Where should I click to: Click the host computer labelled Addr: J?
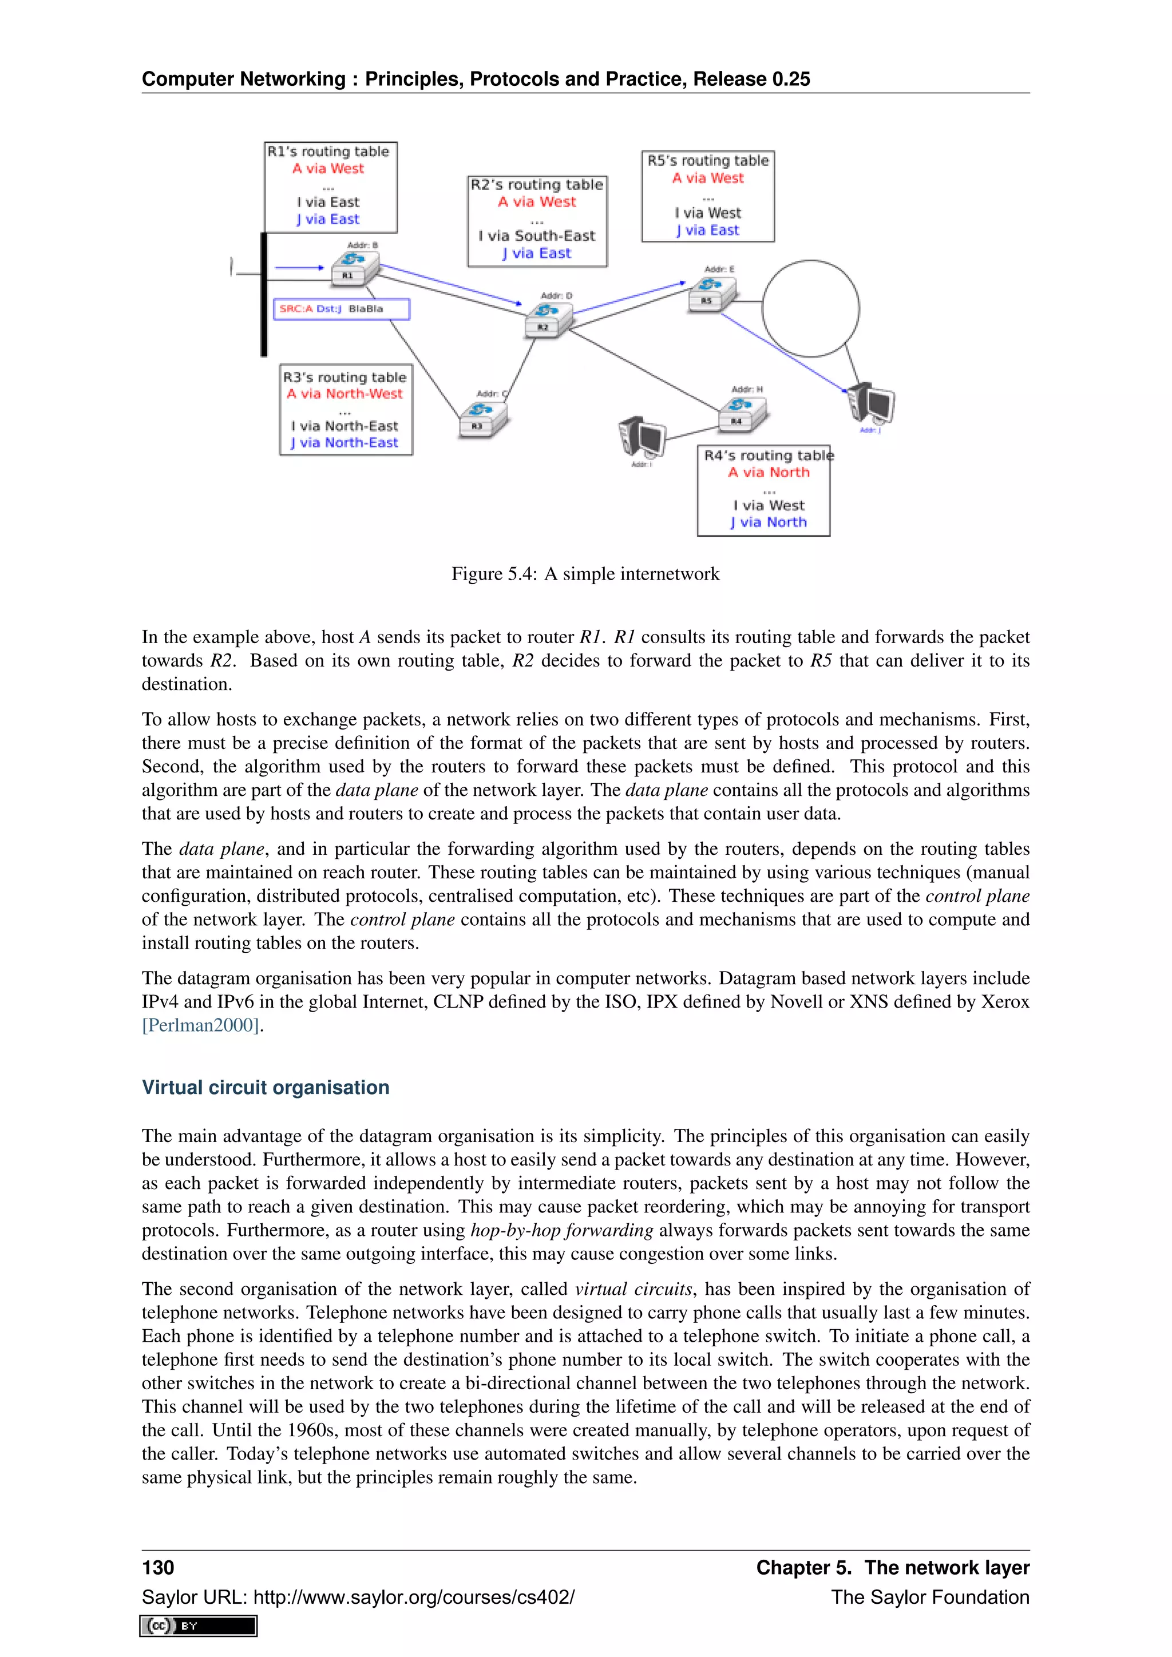(x=871, y=404)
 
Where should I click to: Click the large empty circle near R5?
(x=810, y=308)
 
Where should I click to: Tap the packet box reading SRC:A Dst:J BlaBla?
(x=341, y=309)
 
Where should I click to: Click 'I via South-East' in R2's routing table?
(x=537, y=236)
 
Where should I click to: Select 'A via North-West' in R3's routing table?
(x=345, y=394)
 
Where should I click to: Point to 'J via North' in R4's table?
(x=768, y=522)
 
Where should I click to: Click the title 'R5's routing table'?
(x=707, y=161)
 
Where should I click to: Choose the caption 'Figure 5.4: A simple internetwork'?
(x=585, y=574)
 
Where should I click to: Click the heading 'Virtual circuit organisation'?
(x=266, y=1088)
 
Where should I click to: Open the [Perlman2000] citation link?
(x=201, y=1025)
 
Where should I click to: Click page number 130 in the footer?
(x=158, y=1568)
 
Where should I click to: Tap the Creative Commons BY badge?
(x=199, y=1626)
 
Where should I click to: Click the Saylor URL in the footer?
(x=358, y=1597)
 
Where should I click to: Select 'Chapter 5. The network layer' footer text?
(x=892, y=1568)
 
